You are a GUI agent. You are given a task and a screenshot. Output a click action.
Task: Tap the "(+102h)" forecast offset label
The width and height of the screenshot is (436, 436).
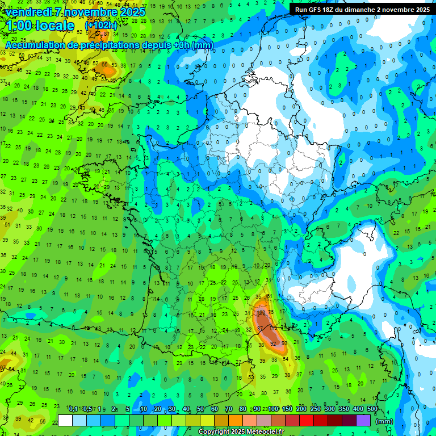[100, 26]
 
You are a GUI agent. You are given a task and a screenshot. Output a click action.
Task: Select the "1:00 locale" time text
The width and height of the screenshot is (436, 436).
[40, 26]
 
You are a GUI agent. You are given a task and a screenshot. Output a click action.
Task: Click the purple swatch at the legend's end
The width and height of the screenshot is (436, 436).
[363, 420]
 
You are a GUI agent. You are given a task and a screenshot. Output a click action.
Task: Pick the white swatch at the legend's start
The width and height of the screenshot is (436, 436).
[65, 420]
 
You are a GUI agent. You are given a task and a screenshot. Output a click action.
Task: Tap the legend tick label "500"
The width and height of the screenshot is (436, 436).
[372, 409]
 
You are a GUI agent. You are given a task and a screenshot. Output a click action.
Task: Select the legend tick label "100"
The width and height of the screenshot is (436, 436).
[274, 409]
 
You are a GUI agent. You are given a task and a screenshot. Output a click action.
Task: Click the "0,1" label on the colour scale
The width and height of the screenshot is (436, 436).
[73, 409]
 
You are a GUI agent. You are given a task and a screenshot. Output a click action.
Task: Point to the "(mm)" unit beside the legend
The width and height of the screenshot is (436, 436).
[384, 421]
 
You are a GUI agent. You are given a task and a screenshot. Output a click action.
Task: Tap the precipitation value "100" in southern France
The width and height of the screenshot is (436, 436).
[262, 313]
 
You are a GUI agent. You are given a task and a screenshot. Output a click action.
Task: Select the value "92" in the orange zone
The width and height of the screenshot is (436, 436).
[274, 343]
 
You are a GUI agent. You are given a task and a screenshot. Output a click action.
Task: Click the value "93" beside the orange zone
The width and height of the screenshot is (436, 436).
[284, 343]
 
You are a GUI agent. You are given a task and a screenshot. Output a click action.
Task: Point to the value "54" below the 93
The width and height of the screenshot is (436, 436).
[286, 359]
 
